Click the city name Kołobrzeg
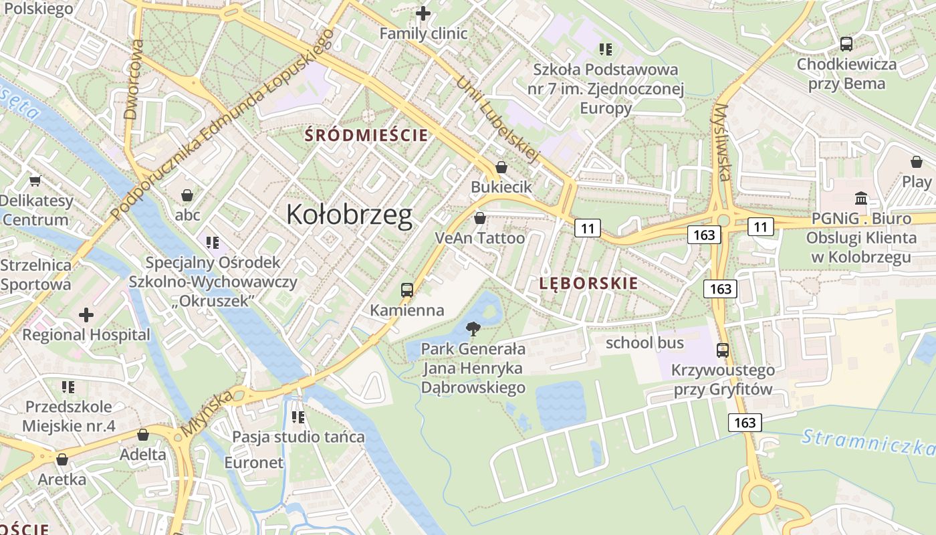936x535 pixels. point(349,215)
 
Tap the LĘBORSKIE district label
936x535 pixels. point(588,284)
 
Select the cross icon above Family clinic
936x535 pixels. point(423,13)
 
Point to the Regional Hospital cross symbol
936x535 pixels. point(86,315)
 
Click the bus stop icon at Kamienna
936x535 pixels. point(407,290)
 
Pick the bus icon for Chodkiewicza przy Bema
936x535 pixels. point(846,44)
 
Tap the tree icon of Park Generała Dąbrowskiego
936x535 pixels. point(473,328)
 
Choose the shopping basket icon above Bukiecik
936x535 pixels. point(501,167)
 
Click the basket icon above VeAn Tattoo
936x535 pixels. point(479,218)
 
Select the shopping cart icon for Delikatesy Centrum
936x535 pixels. point(35,181)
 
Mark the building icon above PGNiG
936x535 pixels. point(861,199)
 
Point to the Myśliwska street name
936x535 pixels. point(721,142)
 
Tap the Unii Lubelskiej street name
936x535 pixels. point(498,120)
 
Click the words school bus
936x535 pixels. point(645,343)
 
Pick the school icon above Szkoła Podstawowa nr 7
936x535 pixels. point(606,49)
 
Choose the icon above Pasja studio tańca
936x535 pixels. point(298,417)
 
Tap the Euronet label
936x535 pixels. point(254,462)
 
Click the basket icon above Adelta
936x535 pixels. point(143,435)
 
